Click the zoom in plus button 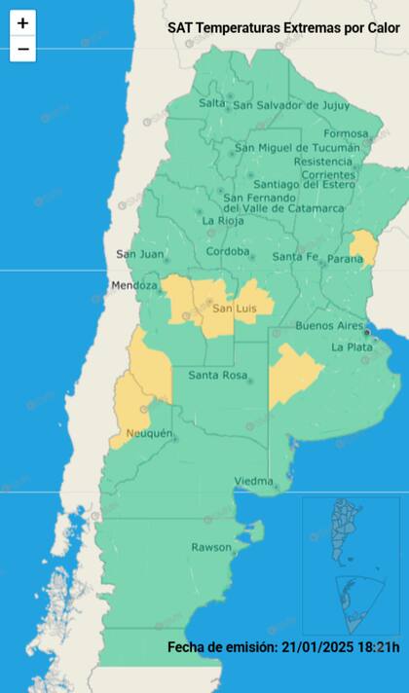(22, 23)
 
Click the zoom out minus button (22, 49)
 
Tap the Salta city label (211, 103)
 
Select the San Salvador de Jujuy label (291, 105)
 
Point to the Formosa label (346, 133)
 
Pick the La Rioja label (223, 221)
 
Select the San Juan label (139, 255)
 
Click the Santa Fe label (294, 257)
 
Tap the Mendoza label (134, 286)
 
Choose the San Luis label (234, 309)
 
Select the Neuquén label (149, 433)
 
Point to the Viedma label (253, 482)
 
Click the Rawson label (211, 547)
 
